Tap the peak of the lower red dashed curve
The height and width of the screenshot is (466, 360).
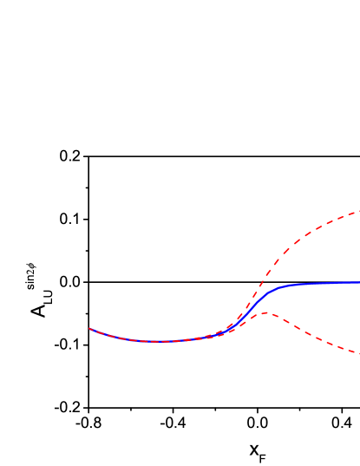coord(265,312)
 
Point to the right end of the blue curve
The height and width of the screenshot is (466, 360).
coord(359,282)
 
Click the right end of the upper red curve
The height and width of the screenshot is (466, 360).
coord(359,211)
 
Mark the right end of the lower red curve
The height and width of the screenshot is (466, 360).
coord(359,353)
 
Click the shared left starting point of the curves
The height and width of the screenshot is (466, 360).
coord(89,329)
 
